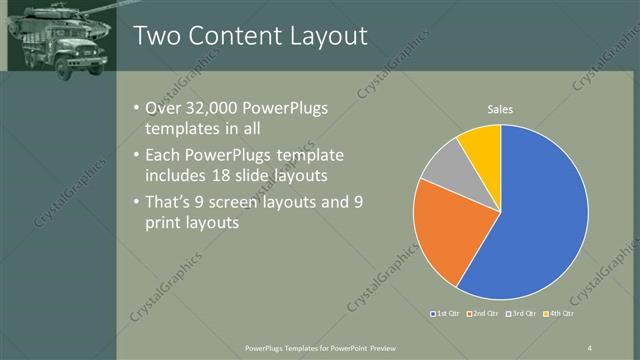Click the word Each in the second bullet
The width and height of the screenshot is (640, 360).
click(x=164, y=156)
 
